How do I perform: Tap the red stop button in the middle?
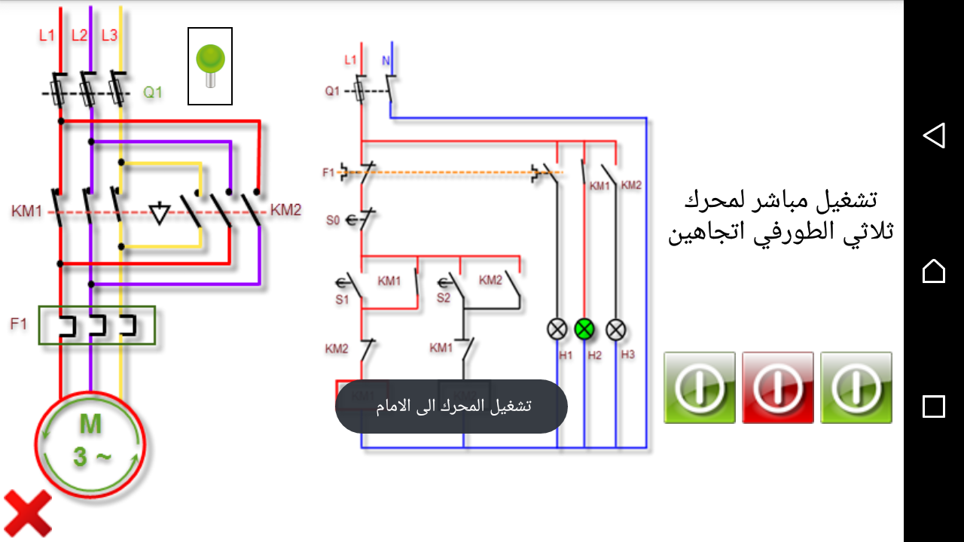click(x=778, y=388)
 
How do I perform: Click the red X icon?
click(x=28, y=513)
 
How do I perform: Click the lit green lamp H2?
click(x=585, y=329)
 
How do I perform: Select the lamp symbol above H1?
click(x=557, y=329)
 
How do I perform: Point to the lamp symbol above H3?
click(x=617, y=329)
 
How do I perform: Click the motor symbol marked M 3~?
click(x=90, y=444)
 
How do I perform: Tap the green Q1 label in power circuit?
click(x=153, y=93)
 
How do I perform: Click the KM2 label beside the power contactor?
click(x=286, y=210)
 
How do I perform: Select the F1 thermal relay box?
click(x=97, y=325)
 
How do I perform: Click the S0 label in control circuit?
click(x=333, y=221)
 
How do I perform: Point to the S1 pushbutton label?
click(x=343, y=300)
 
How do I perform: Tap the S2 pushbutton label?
click(x=444, y=298)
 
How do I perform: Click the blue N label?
click(x=386, y=60)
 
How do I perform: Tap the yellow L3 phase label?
click(x=109, y=35)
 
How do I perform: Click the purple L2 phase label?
click(x=79, y=35)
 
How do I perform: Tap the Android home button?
click(x=934, y=271)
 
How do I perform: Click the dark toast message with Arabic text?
click(x=451, y=406)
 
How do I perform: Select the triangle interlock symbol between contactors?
click(x=159, y=213)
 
